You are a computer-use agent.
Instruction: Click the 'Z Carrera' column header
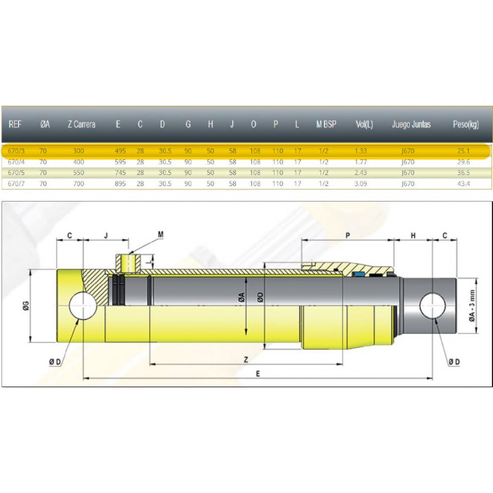pos(81,124)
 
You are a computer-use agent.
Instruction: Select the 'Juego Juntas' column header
pos(411,124)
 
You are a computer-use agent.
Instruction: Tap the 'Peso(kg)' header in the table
pos(466,124)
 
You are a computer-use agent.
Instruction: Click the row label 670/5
pos(16,173)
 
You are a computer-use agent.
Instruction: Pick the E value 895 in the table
pos(120,183)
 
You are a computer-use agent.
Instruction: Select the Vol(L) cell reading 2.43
pos(361,173)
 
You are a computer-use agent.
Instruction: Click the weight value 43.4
pos(463,183)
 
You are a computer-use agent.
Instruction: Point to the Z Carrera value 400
pos(79,162)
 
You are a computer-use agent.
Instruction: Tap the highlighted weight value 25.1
pos(463,151)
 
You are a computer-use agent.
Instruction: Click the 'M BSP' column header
pos(326,124)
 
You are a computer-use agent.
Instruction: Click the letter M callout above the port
pos(161,234)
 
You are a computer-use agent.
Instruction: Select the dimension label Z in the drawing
pos(246,359)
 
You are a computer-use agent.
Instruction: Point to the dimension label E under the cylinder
pos(258,374)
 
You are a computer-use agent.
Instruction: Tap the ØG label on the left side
pos(26,305)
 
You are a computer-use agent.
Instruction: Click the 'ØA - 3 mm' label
pos(472,306)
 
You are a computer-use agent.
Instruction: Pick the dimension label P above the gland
pos(348,235)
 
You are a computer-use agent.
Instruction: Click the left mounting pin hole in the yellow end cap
pos(83,305)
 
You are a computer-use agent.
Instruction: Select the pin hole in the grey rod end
pos(433,306)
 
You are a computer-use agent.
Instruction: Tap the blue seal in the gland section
pos(358,274)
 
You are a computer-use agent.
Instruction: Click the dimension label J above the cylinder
pos(106,235)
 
